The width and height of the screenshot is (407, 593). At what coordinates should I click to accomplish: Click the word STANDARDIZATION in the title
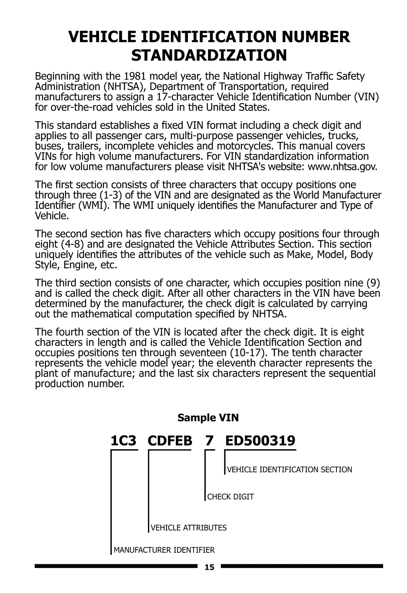coord(209,55)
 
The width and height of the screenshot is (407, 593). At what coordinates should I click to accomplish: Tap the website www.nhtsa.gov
coord(342,167)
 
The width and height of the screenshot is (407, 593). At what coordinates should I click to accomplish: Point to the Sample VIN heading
coord(208,418)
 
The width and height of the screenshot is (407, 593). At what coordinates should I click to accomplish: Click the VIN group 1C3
coord(123,441)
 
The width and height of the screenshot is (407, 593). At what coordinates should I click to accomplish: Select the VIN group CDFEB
coord(170,441)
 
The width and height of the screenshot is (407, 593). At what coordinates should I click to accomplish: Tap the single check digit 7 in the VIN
coord(210,441)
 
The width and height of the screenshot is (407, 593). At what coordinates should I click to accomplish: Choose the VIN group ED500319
coord(260,441)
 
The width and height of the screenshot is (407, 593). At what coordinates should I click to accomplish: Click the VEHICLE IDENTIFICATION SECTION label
coord(289,470)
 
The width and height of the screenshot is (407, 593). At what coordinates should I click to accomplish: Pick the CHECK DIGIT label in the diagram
coord(230,497)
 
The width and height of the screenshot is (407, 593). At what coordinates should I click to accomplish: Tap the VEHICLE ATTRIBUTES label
coord(189,528)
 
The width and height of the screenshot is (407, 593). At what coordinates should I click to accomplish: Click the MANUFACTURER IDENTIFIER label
coord(164,550)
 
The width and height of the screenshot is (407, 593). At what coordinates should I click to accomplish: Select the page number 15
coord(210,567)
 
